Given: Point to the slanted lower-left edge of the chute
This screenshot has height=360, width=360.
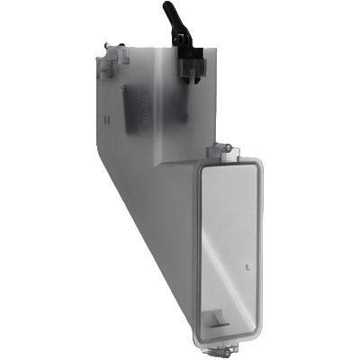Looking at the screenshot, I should (x=144, y=225).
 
